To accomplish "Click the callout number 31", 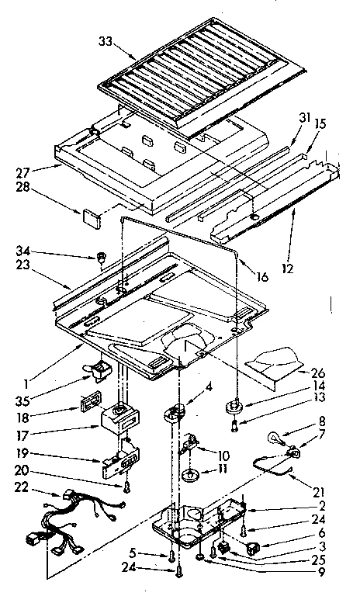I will coord(303,119).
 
